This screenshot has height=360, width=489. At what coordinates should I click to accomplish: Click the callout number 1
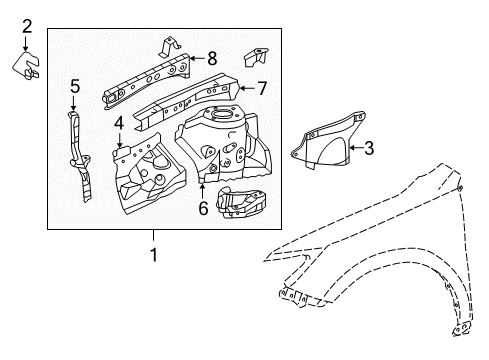pyautogui.click(x=153, y=254)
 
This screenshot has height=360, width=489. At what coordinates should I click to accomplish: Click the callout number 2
pyautogui.click(x=27, y=26)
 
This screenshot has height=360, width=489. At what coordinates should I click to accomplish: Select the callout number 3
pyautogui.click(x=369, y=149)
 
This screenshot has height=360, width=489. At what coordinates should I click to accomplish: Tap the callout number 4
pyautogui.click(x=119, y=123)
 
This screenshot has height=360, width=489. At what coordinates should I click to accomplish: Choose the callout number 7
pyautogui.click(x=262, y=88)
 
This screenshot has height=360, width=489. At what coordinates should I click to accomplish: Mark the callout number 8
pyautogui.click(x=211, y=58)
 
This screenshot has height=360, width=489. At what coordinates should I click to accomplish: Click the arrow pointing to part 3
pyautogui.click(x=353, y=149)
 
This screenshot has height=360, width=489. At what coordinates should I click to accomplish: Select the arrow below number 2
pyautogui.click(x=27, y=43)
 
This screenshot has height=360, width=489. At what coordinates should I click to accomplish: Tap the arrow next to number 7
pyautogui.click(x=247, y=88)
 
